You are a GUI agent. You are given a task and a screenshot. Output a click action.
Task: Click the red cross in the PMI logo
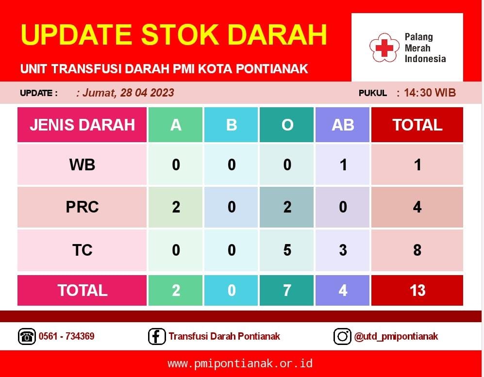coord(384,48)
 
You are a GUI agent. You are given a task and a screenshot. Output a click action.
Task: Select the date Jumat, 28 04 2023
coord(125,93)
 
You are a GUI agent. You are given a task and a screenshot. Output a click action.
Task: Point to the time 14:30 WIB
coord(430,93)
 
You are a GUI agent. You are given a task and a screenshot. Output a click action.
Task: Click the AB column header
coord(342,125)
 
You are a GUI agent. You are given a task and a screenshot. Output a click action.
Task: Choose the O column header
coord(286,125)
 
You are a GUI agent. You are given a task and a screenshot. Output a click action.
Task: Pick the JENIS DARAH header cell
coord(82,125)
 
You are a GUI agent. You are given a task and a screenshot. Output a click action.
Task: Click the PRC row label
coord(82,207)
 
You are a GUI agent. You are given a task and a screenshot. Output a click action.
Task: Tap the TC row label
coord(82,250)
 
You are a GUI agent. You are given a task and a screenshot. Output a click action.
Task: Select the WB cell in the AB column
coord(342,164)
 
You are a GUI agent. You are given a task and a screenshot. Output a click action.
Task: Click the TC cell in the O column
coord(286,250)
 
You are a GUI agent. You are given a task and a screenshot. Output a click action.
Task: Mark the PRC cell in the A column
coord(175,207)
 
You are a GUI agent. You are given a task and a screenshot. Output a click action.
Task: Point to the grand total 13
coord(417,290)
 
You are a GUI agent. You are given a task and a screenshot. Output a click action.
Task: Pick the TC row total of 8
coord(417,250)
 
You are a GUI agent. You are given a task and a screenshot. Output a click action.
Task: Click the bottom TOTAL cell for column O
coord(286,290)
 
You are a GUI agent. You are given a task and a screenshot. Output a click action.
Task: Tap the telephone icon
coord(27,336)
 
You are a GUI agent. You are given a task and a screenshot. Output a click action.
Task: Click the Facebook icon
coord(157,336)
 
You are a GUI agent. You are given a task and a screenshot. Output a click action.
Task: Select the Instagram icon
coord(342,336)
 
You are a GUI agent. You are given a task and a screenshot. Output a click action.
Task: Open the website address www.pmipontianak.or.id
coord(240,363)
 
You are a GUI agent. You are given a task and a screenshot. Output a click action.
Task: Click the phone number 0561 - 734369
coord(67,336)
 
